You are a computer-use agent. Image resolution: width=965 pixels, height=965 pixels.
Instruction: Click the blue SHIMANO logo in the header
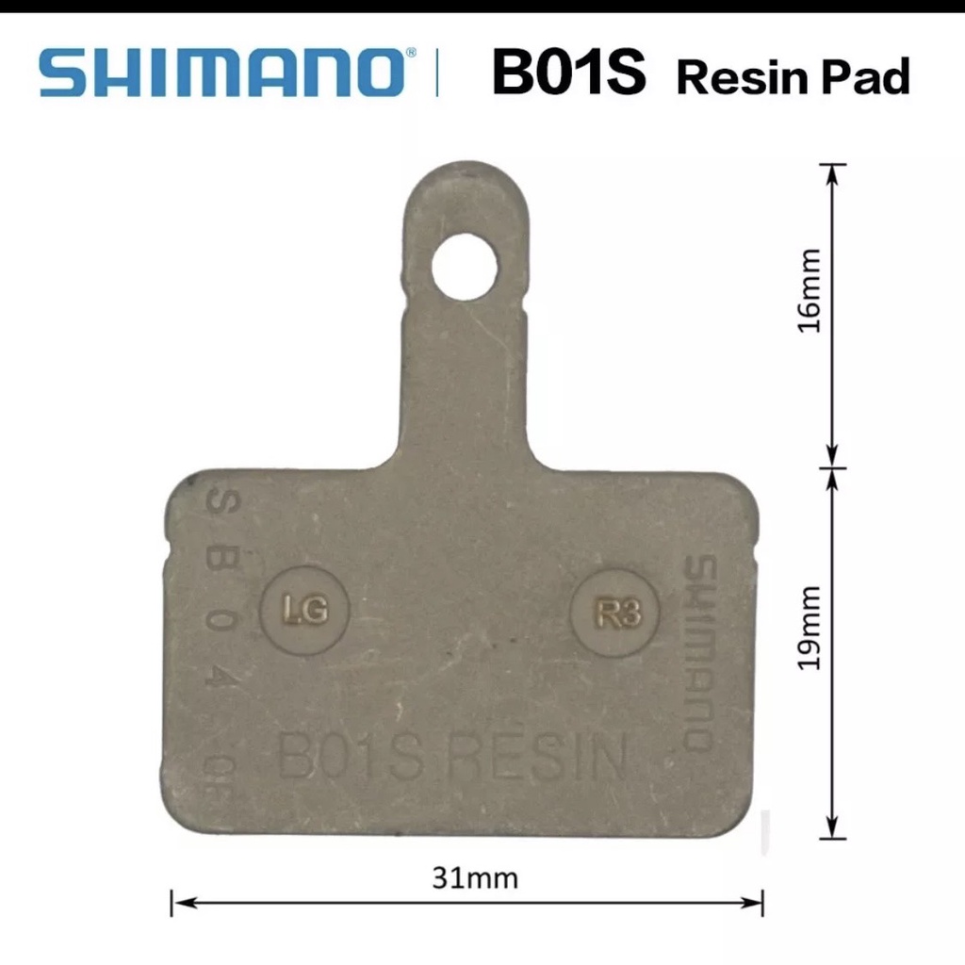224,74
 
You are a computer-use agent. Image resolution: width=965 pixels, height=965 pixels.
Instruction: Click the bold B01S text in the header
568,74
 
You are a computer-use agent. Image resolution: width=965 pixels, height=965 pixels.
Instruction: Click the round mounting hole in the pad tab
464,267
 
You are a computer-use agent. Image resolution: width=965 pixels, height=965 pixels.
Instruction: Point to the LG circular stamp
304,611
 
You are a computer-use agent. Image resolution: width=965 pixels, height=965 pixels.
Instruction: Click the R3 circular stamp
619,613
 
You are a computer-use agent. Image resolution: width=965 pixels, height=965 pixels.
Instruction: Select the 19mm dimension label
810,627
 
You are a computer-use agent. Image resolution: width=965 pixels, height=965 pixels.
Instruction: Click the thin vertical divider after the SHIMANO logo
437,74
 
